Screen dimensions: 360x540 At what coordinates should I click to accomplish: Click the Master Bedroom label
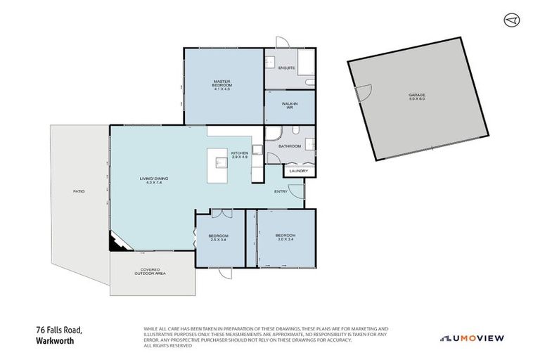tap(222, 85)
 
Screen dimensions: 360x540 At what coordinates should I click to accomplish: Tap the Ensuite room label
tap(286, 68)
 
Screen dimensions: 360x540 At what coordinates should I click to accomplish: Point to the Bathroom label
tap(289, 146)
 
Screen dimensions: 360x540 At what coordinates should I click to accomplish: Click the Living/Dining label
tap(153, 181)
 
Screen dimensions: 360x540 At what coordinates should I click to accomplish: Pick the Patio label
tap(79, 191)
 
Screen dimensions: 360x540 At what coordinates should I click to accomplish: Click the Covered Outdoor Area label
tap(150, 271)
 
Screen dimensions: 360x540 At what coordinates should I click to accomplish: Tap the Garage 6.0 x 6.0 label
tap(417, 96)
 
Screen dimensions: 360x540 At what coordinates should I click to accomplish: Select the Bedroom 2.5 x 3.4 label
tap(219, 238)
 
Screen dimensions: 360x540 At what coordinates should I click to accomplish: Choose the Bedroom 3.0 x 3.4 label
tap(285, 237)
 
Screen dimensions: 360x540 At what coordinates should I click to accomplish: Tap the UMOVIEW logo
tap(472, 337)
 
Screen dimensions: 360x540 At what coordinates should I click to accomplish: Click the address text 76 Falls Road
tap(59, 330)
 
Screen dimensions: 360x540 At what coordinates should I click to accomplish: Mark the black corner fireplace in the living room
tap(116, 243)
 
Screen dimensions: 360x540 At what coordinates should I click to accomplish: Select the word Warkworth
tap(54, 341)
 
